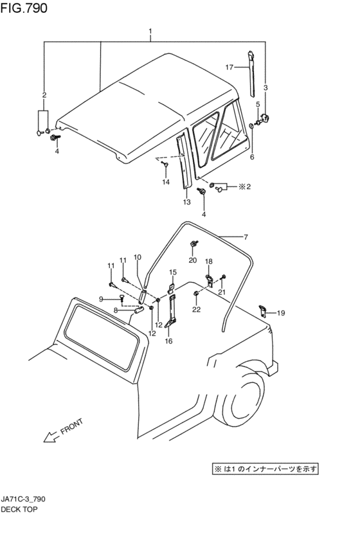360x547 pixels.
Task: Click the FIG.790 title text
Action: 24,8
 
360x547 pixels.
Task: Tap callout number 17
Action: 230,67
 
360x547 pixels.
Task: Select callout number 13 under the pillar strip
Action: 186,202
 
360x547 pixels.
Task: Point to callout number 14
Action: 166,182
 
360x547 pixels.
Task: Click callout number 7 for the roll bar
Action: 246,237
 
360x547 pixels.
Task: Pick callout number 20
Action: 193,260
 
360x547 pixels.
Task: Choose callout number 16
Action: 168,341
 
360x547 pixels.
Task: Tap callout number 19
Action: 281,313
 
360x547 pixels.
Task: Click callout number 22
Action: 197,309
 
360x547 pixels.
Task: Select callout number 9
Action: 101,299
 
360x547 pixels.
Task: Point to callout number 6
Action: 252,157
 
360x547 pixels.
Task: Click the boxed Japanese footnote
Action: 265,469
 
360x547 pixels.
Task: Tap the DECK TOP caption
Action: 19,509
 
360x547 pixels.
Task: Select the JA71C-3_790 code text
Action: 23,499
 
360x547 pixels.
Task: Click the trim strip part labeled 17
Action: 251,73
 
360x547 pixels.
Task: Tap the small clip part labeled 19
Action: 262,310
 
